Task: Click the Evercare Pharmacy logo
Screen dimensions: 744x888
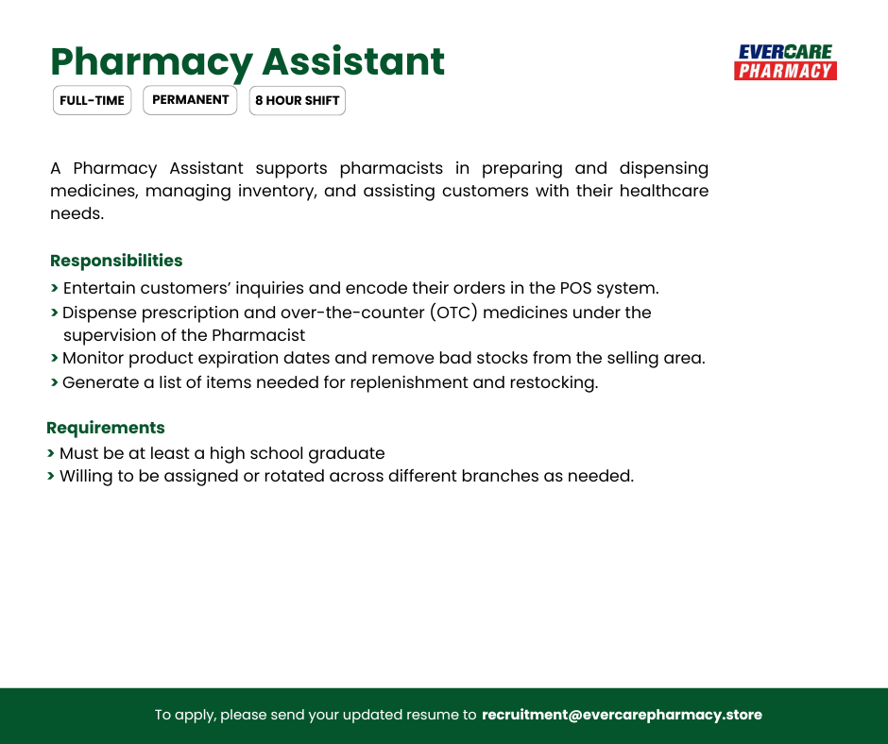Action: coord(785,61)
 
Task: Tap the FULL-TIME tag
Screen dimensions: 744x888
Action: coord(92,101)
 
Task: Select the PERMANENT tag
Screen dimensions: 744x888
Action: coord(190,100)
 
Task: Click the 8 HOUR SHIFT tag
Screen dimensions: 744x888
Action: coord(297,101)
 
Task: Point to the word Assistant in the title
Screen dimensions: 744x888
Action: coord(352,61)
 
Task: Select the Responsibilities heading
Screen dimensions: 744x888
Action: coord(116,261)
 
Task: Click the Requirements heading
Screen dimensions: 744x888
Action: coord(106,428)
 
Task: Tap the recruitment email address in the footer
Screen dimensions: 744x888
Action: coord(622,715)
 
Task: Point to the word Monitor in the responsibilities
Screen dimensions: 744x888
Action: coord(93,359)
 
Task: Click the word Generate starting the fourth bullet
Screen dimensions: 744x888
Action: coord(99,382)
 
